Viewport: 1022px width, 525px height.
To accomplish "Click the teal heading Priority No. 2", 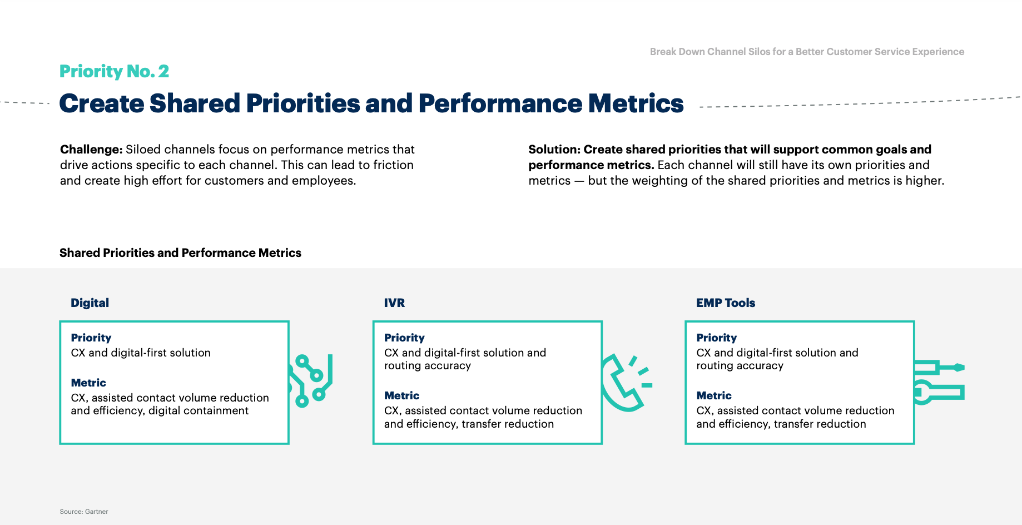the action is point(114,72).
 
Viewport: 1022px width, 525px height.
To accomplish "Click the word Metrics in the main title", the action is point(636,103).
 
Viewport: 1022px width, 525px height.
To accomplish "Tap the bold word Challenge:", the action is point(91,150).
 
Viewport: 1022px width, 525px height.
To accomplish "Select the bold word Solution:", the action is point(554,150).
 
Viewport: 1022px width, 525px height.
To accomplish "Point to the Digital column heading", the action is point(90,303).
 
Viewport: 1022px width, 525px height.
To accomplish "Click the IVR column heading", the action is point(394,303).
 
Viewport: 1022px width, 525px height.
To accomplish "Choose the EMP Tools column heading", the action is point(726,303).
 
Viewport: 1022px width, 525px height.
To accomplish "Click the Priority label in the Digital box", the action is point(91,338).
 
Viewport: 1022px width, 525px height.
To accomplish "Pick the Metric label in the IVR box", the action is point(401,395).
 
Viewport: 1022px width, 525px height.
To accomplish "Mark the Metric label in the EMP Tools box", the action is point(714,395).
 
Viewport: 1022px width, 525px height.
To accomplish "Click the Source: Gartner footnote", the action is point(84,512).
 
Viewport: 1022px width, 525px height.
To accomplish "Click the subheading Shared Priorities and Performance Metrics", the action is point(180,253).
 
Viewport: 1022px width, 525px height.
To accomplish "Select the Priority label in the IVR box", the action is point(404,338).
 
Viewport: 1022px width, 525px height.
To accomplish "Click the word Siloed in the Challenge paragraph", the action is point(143,150).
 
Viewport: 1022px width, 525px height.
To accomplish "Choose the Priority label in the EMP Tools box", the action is point(717,338).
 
